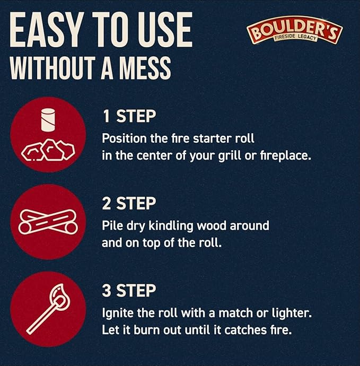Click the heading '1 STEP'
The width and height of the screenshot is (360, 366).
coord(129,116)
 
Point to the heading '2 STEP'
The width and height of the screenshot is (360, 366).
coord(129,203)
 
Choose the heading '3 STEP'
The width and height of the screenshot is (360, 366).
coord(129,291)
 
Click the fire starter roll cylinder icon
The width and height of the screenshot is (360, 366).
coord(48,120)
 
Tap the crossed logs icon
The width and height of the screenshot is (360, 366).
coord(48,222)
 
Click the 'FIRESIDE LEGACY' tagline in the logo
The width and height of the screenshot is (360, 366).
coord(296,37)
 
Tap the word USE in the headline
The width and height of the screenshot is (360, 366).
coord(165,30)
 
